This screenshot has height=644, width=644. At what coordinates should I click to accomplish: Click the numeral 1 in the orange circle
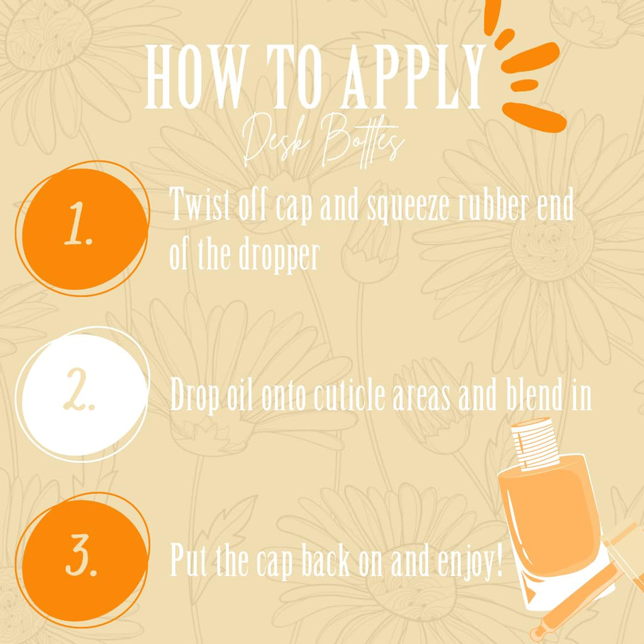coord(79,225)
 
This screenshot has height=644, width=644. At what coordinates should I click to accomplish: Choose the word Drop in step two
coord(194,395)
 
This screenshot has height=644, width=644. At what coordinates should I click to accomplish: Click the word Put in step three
coord(189,559)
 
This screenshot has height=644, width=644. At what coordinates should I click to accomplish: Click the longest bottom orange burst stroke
coord(535,116)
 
